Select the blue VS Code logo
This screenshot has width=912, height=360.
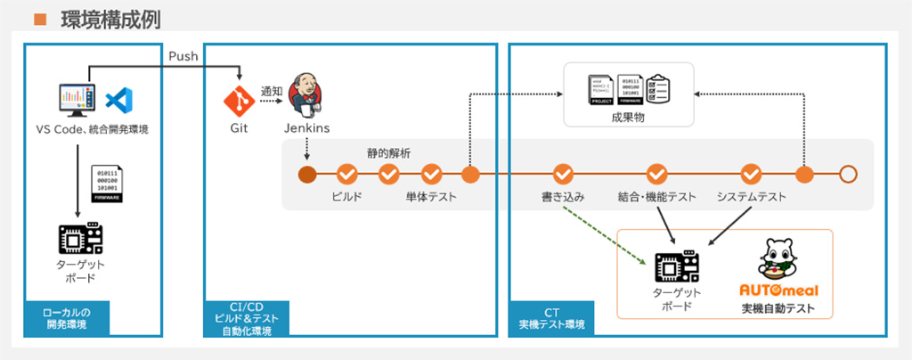coord(119,101)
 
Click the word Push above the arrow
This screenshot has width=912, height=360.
coord(183,56)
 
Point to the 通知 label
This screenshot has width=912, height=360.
coord(272,90)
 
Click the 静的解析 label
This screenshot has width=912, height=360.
coord(388,152)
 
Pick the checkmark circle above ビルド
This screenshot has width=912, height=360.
coord(346,174)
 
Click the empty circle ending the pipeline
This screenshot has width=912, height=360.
coord(848,174)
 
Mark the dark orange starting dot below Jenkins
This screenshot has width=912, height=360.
coord(306,174)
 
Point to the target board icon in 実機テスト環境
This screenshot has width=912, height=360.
coord(676,266)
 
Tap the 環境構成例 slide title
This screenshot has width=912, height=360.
coord(110,17)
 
